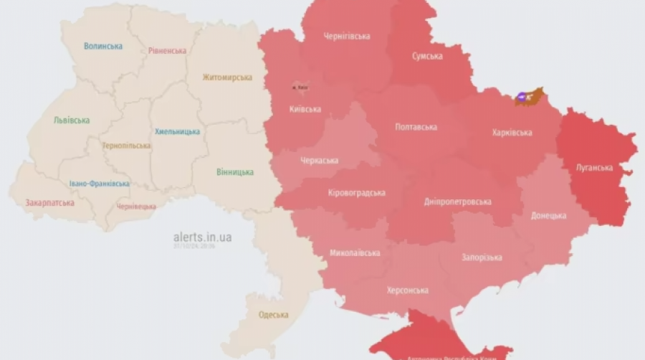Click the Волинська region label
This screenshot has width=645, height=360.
(103, 46)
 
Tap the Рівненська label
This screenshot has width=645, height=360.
(167, 51)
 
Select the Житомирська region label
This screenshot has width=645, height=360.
(227, 77)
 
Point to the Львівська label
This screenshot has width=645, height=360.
(72, 120)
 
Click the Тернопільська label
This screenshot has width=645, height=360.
(126, 146)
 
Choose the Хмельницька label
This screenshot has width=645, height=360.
(177, 132)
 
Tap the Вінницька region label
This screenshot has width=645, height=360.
(235, 172)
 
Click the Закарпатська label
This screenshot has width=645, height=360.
(49, 203)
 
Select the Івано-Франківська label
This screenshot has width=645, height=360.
(100, 184)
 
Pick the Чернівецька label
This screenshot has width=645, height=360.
(136, 207)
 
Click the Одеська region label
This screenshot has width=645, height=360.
(273, 315)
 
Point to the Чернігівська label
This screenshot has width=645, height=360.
(346, 36)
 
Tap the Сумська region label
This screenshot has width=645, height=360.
(427, 56)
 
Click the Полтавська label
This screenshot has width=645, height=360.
(416, 127)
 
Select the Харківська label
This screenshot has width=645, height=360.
(512, 133)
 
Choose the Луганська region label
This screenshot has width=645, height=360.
(595, 168)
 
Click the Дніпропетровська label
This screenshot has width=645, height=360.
(459, 202)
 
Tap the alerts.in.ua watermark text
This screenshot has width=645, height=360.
(203, 237)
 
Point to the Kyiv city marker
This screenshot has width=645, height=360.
(300, 87)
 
